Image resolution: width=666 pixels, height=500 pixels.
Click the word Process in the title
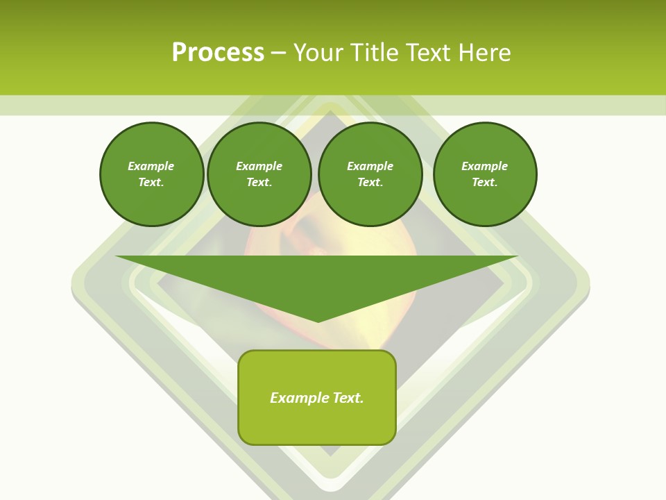218,53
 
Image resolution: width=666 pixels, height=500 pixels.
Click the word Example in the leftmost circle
151,166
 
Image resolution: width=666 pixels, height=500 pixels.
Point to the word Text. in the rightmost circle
484,182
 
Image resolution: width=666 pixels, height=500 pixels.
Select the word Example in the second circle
259,166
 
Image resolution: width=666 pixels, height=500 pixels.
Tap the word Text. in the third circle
370,182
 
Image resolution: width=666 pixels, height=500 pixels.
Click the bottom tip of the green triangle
318,320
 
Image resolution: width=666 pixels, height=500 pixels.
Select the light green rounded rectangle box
317,424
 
